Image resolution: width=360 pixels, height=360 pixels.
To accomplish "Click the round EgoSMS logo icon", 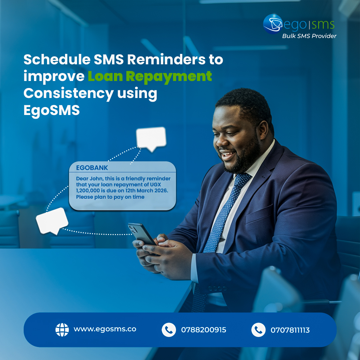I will (273, 24).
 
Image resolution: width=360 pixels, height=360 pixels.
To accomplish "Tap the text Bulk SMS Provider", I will (309, 36).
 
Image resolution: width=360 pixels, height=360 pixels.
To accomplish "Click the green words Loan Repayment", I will (150, 76).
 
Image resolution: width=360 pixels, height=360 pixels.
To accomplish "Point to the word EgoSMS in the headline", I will (51, 110).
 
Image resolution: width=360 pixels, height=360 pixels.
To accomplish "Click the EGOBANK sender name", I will (92, 168).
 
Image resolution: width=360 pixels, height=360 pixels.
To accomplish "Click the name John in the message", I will (96, 179).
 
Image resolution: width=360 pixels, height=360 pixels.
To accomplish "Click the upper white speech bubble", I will (151, 137).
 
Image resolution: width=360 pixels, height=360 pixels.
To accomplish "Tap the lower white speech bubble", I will (52, 220).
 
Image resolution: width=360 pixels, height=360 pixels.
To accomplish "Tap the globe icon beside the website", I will (62, 330).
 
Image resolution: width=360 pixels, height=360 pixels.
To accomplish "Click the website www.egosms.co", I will (105, 329).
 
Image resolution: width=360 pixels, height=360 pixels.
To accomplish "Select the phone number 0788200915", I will (203, 330).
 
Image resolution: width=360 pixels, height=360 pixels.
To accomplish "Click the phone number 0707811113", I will (290, 330).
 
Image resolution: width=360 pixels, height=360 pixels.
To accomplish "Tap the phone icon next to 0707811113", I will (258, 330).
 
